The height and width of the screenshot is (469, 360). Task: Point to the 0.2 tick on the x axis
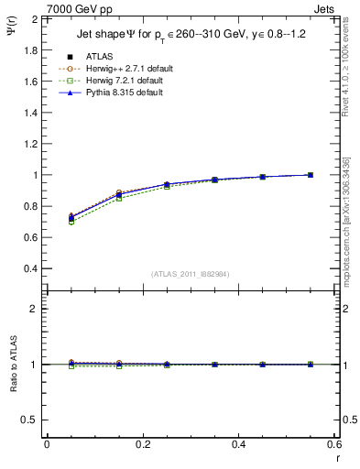point(142,444)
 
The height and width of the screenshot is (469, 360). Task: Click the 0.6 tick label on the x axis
point(334,444)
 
